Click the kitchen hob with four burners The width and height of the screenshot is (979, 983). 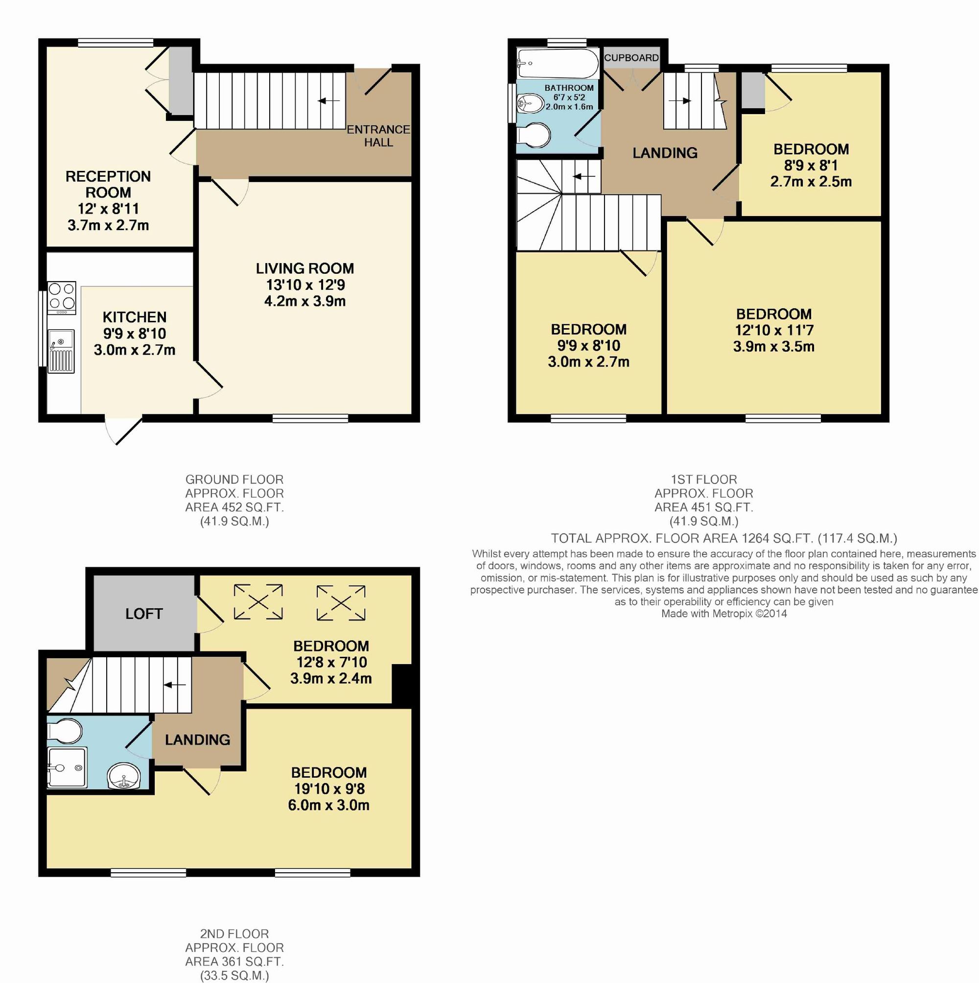pos(62,297)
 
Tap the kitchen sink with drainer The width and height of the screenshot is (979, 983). pos(61,351)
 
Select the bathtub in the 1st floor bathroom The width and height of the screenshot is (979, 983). pos(558,64)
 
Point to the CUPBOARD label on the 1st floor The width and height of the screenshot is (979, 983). pos(631,58)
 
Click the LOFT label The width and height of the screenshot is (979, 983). pos(144,614)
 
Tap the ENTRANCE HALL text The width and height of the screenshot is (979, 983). pos(378,136)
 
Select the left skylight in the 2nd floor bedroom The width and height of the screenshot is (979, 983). pos(258,602)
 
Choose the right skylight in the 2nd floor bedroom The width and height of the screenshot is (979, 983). pos(341,603)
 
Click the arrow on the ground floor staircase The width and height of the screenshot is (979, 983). pos(328,101)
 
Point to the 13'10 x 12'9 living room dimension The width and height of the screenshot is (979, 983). pos(305,285)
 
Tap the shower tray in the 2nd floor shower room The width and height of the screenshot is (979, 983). pos(67,767)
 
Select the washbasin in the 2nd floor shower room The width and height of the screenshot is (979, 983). pos(123,777)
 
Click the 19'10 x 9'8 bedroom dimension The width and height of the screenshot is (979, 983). pos(329,789)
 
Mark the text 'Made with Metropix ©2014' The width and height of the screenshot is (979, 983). pos(723,614)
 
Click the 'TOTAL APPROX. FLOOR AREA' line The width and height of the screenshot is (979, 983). pos(723,538)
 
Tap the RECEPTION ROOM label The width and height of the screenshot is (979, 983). pos(108,184)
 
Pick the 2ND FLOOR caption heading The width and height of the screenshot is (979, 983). pos(234,934)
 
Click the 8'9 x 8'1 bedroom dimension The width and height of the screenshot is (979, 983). pos(811,166)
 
